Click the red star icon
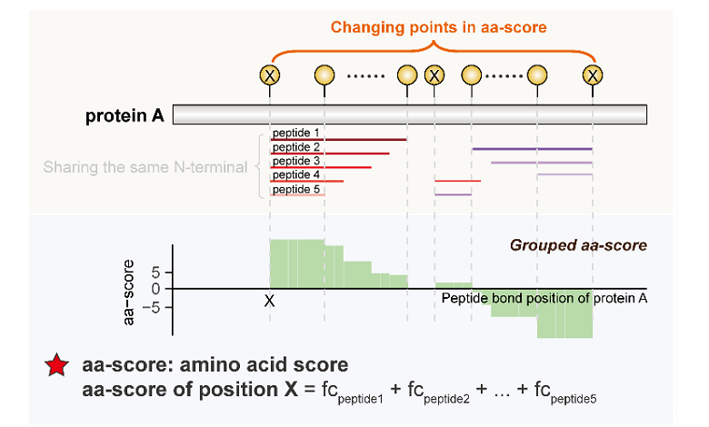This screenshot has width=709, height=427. point(56,366)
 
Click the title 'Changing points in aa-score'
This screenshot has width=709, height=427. point(438,27)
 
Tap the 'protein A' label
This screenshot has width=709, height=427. point(124,115)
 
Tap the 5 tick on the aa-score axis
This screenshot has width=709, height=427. point(155,272)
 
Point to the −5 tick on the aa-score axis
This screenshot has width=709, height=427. point(152,306)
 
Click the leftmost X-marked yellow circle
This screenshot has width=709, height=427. point(270,74)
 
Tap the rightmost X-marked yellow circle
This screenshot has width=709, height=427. point(593,74)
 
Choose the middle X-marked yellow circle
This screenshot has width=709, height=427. point(434,74)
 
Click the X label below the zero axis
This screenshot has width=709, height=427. point(269,299)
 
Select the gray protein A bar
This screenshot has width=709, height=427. point(409,114)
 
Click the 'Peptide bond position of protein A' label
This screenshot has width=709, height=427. point(544,298)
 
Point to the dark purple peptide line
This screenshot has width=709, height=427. point(532,148)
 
